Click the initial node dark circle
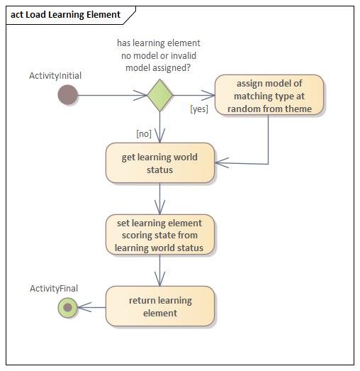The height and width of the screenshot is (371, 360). pos(67,94)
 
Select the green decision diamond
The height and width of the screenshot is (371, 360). pos(159,94)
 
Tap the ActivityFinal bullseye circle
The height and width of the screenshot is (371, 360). pos(67,307)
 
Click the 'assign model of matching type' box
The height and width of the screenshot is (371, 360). pos(269,95)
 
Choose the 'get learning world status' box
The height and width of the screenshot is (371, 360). pos(159,163)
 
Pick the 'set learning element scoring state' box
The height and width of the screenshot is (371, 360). pos(159,235)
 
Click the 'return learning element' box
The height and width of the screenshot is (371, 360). pos(159,306)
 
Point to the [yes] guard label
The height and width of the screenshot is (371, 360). pos(199,109)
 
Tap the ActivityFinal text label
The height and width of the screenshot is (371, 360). pos(54,288)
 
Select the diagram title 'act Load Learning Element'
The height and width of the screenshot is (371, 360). pos(65,14)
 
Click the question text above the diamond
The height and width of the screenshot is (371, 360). pos(159,55)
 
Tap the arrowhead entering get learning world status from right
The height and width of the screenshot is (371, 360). pos(221,164)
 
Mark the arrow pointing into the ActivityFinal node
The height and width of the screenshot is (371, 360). pos(91,307)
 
